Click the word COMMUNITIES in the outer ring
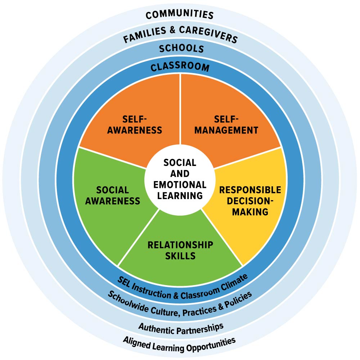180,15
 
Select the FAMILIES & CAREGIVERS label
180,33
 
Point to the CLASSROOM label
180,67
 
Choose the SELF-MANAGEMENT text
226,124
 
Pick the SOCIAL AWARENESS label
113,195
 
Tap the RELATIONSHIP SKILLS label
180,250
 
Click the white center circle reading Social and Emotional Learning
180,179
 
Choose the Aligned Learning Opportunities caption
179,344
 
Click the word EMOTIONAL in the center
180,185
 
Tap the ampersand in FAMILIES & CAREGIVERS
173,31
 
